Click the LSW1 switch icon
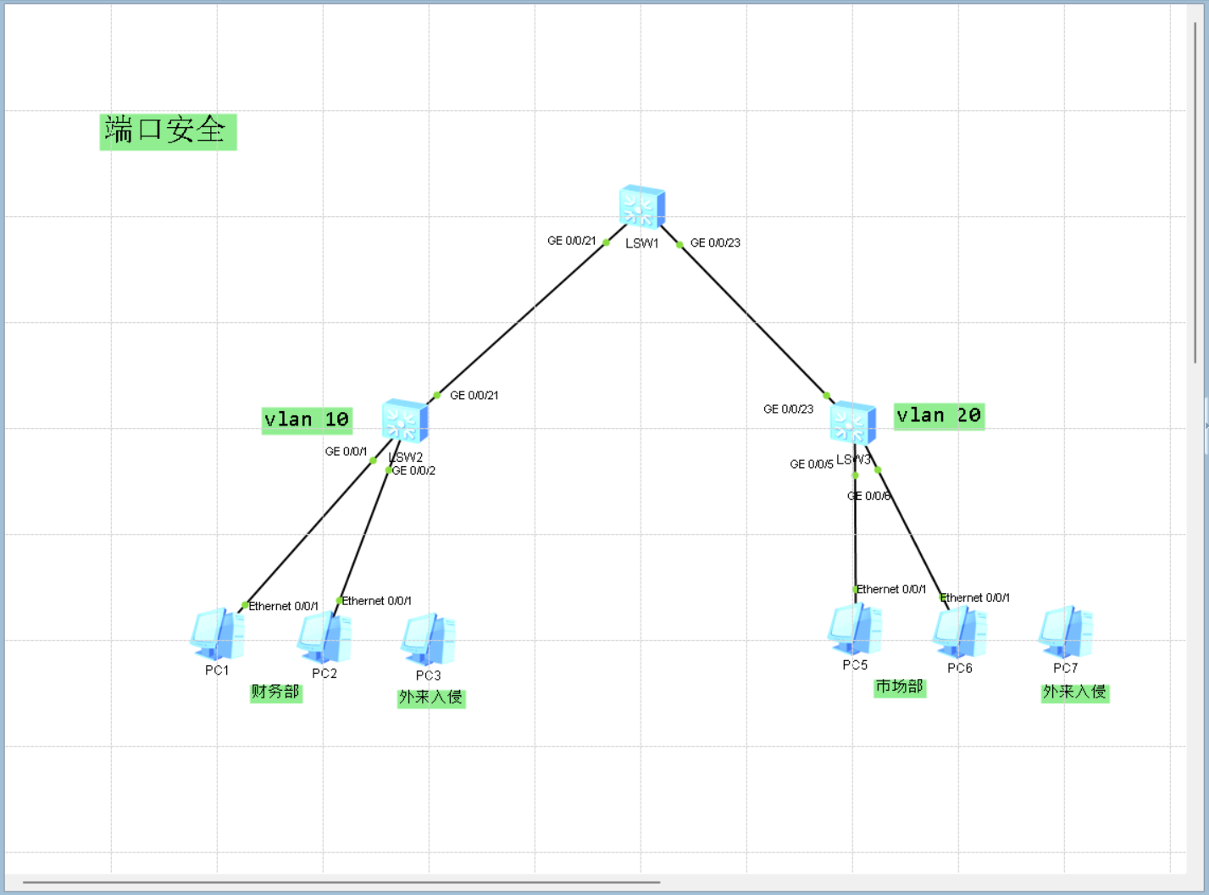click(641, 207)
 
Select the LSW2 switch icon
click(405, 420)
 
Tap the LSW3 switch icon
click(852, 422)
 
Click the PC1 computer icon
click(218, 634)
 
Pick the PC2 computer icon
click(324, 638)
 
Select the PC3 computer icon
click(429, 640)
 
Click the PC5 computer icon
click(855, 631)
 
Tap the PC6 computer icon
click(960, 633)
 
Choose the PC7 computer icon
click(1066, 632)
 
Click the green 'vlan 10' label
click(307, 420)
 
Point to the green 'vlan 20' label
click(939, 415)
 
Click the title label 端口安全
click(167, 131)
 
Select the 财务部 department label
click(275, 692)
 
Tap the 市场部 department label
click(899, 687)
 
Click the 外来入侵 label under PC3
click(430, 698)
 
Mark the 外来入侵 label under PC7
click(1074, 692)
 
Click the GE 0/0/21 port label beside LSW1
click(571, 241)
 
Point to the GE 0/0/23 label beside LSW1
click(715, 242)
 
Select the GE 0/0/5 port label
click(811, 464)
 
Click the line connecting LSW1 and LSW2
click(521, 318)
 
